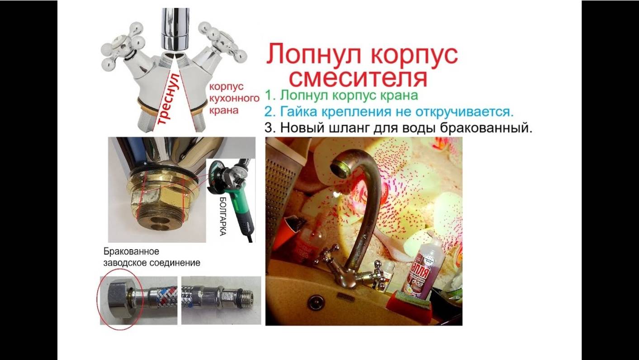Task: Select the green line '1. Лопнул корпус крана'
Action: [x=341, y=95]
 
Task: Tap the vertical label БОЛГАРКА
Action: [x=222, y=216]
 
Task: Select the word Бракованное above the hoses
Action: [x=132, y=251]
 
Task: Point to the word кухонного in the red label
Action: [x=233, y=98]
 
